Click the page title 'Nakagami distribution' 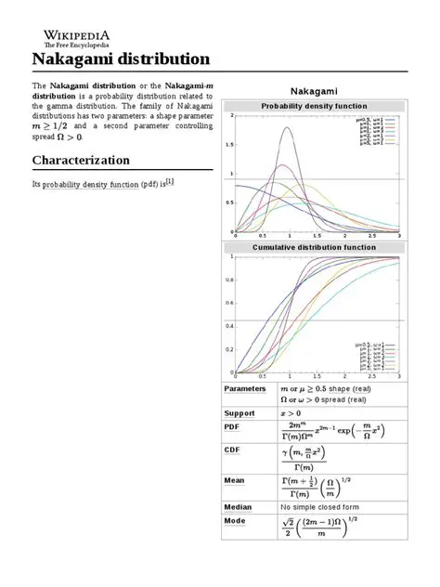(122, 59)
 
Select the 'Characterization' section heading (81, 160)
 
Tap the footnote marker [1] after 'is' (170, 182)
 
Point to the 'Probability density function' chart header (313, 107)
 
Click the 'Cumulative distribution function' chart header (313, 248)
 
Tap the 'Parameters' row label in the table (246, 388)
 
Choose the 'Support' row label (239, 412)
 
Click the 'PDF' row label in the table (232, 427)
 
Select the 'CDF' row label (232, 451)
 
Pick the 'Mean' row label (235, 480)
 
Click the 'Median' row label (239, 507)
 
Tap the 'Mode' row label (235, 522)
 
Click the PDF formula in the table (330, 433)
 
